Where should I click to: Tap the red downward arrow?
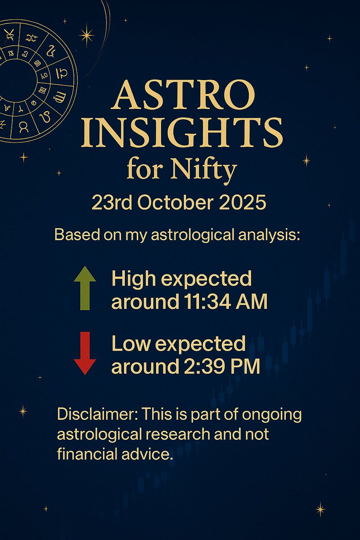pyautogui.click(x=85, y=353)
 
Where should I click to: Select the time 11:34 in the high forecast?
pyautogui.click(x=208, y=302)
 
